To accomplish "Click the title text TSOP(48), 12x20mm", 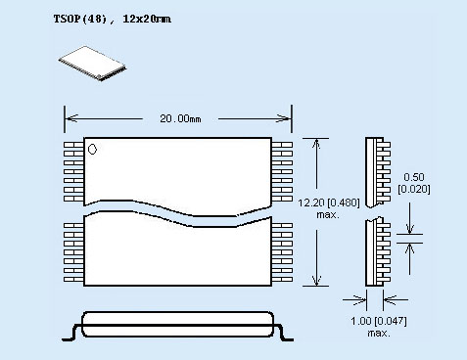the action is pos(113,19).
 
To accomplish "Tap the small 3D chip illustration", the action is pos(92,64).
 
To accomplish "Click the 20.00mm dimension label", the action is pos(180,118).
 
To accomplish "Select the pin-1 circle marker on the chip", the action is pos(92,150).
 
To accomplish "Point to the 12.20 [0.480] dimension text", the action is pos(329,202).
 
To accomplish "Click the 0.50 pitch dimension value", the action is pos(414,177).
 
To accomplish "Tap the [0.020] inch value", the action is pos(414,189).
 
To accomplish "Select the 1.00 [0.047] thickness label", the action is pos(379,321).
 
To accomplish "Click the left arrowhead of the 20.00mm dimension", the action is pos(71,118).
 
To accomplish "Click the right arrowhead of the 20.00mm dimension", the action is pos(284,118).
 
